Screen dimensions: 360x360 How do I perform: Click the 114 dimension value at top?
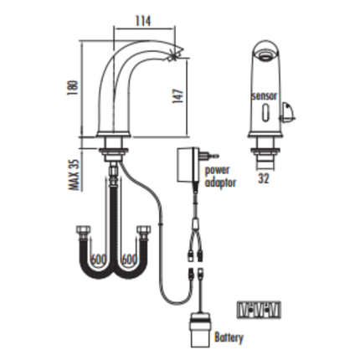click(x=143, y=21)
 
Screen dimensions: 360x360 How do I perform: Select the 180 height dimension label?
click(x=73, y=88)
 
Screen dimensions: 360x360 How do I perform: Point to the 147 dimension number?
click(x=178, y=96)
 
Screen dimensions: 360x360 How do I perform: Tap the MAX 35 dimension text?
click(x=75, y=175)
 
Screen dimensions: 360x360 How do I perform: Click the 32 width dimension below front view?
click(x=263, y=178)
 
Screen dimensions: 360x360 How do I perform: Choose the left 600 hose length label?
click(x=99, y=260)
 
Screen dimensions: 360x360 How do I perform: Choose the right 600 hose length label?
click(x=129, y=260)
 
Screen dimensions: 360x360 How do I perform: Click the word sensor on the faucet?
click(x=265, y=95)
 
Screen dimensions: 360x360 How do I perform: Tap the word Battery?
click(x=229, y=337)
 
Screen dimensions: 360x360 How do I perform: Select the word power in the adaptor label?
click(x=217, y=170)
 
